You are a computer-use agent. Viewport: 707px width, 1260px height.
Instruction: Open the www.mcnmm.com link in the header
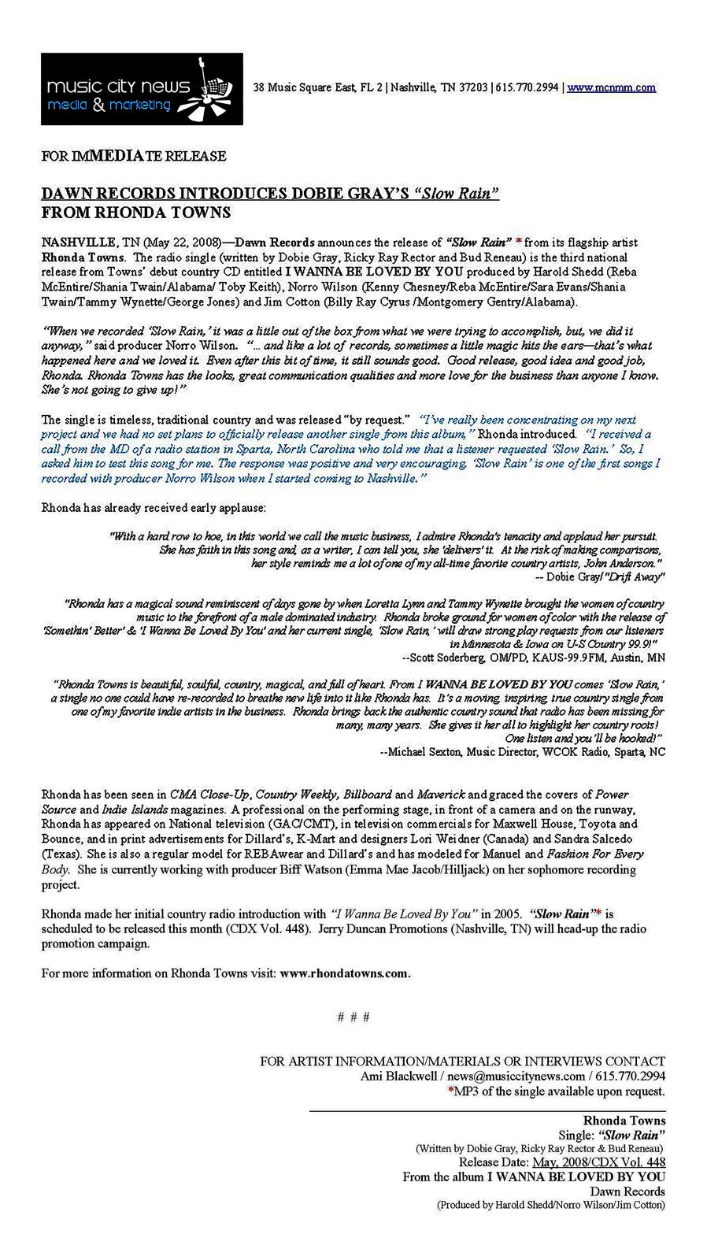coord(611,87)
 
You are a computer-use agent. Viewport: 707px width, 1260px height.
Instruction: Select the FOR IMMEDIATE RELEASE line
coord(134,156)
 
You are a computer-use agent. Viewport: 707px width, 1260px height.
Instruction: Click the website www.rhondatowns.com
coord(344,973)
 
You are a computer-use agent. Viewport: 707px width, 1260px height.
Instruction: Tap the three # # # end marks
coord(353,1017)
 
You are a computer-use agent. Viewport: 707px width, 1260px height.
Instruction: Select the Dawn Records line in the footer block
coord(627,1191)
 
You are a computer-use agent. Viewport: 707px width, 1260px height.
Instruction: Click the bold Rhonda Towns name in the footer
coord(624,1121)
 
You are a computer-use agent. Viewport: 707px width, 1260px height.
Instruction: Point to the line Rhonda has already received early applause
coord(154,507)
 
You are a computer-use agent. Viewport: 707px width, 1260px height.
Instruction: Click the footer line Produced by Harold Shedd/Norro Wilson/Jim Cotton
coord(551,1205)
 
